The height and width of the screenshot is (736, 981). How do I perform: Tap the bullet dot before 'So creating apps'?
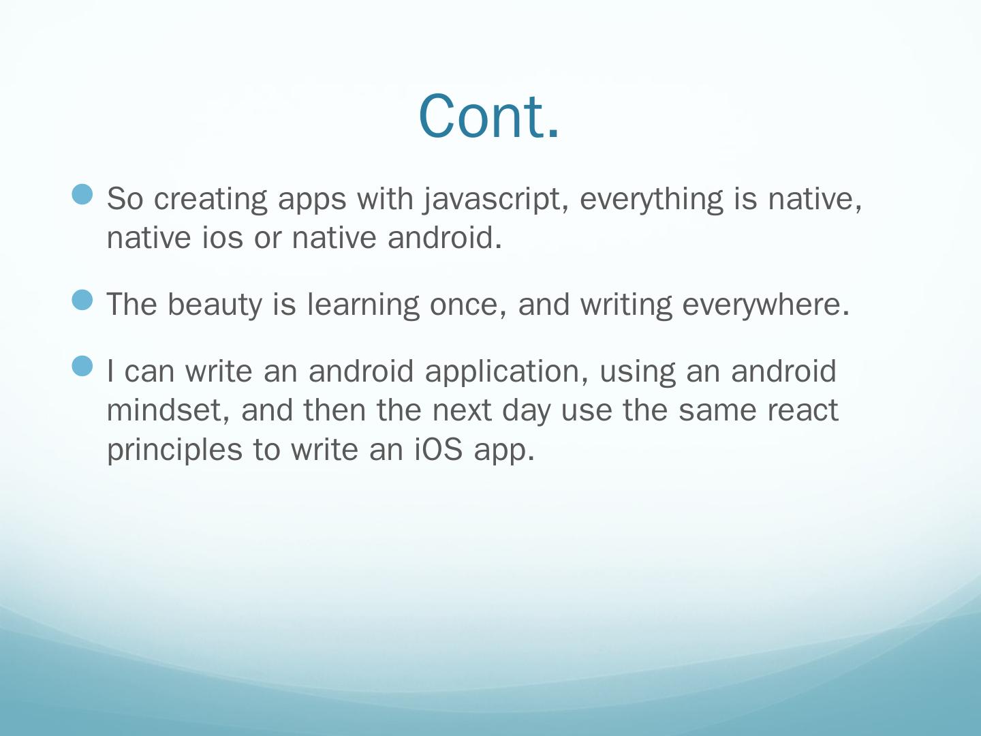(x=82, y=194)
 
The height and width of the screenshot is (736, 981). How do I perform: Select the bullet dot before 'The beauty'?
(x=82, y=300)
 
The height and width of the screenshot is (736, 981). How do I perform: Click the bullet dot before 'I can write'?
(x=82, y=367)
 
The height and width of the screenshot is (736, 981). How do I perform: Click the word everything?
(x=651, y=199)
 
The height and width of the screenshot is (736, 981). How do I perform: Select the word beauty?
(x=215, y=305)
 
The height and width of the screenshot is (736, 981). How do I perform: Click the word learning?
(x=363, y=305)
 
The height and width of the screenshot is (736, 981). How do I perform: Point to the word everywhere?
(x=766, y=305)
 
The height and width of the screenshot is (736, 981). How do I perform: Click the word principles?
(x=175, y=450)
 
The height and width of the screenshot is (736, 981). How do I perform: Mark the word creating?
(x=211, y=199)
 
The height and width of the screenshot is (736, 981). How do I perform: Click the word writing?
(x=626, y=305)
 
